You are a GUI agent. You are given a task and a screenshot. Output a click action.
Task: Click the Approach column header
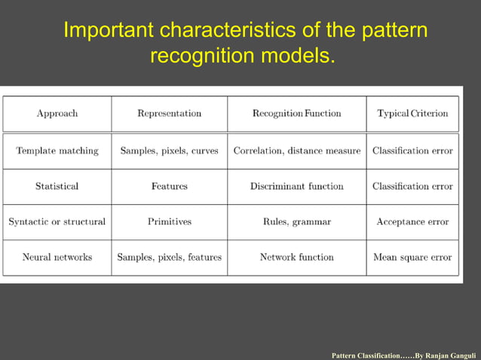[57, 114]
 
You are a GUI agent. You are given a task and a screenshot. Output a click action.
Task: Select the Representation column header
[169, 114]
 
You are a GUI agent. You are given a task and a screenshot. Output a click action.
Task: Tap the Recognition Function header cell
[296, 114]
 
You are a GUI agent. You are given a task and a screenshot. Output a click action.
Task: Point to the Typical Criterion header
[412, 114]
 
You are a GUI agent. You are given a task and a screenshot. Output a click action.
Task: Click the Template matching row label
[57, 151]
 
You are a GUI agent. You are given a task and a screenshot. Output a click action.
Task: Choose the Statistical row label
[57, 186]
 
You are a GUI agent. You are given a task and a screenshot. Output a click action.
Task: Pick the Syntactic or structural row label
[57, 222]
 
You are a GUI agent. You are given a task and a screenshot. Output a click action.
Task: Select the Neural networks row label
[57, 258]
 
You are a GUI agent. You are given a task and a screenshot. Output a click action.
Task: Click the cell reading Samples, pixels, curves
[169, 151]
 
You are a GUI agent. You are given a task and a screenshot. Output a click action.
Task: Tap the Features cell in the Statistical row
[169, 186]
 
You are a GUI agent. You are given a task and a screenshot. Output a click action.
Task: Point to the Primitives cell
[169, 222]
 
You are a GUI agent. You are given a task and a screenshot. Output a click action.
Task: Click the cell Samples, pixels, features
[169, 258]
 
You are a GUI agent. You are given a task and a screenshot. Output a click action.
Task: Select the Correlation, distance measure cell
[296, 151]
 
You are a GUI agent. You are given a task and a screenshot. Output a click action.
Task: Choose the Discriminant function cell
[296, 186]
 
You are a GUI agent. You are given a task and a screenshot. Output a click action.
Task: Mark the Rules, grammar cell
[296, 222]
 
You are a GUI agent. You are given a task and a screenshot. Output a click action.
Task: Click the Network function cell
[296, 258]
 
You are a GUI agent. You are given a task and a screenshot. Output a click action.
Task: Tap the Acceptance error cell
[412, 222]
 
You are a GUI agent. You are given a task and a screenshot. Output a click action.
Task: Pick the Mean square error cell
[412, 258]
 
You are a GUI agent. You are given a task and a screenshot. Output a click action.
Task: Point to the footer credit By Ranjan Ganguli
[445, 353]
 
